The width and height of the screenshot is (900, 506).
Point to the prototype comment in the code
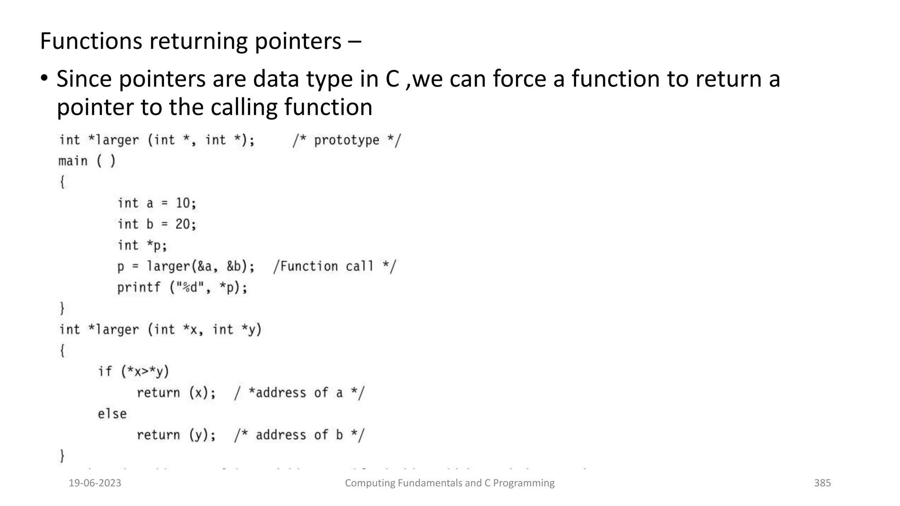(347, 141)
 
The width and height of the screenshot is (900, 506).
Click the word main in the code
(73, 161)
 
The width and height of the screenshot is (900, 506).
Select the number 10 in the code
(183, 203)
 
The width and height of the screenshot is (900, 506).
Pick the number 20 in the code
(183, 224)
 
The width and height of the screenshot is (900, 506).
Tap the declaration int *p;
(142, 245)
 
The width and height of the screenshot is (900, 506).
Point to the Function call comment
(334, 267)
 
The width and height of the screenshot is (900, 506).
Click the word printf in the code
(139, 288)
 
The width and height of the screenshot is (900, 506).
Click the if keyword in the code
(105, 372)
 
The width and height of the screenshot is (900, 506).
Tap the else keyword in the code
(112, 414)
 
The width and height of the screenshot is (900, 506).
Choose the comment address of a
(299, 393)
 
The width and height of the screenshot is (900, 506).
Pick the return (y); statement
(176, 435)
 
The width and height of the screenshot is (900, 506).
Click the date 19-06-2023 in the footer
(95, 483)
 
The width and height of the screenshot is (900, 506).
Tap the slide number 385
(822, 483)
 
